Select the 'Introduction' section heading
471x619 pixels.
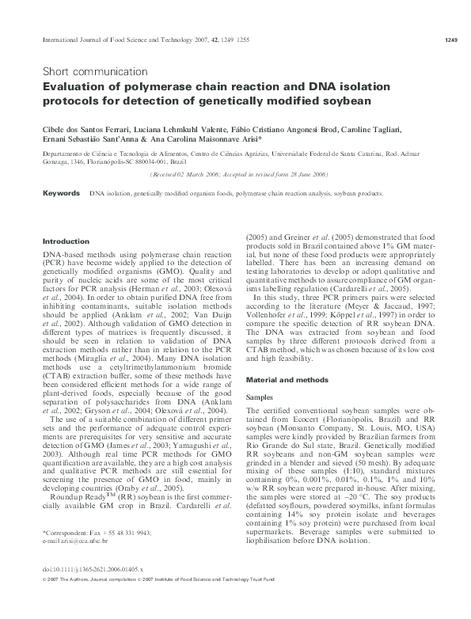(66, 241)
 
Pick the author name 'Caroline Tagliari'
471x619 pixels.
(396, 128)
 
